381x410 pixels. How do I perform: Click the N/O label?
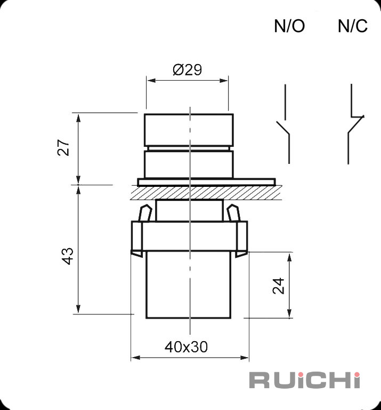289,26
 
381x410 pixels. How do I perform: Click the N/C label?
353,26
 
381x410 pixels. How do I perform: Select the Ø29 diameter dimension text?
188,69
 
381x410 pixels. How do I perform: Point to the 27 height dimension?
63,147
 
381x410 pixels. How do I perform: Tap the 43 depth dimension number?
68,256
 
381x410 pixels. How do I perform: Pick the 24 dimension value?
278,286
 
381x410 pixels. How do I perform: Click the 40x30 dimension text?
186,347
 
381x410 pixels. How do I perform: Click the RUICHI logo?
305,380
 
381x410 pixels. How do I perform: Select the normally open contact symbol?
285,124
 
